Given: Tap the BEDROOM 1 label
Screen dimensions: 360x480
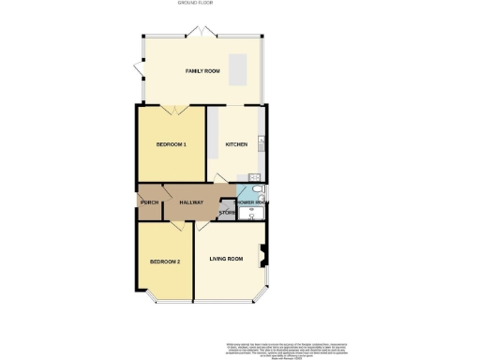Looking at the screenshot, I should click(172, 144).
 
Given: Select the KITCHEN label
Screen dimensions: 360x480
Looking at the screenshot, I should click(235, 144).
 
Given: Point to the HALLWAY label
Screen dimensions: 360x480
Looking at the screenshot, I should click(192, 202).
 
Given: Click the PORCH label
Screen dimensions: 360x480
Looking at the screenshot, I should click(148, 202).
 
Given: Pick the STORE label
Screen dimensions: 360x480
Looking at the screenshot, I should click(226, 214).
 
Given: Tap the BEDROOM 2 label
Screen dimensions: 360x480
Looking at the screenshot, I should click(166, 261).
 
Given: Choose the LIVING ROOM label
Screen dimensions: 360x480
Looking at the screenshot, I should click(227, 259).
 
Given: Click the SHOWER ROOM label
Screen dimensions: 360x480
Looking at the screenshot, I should click(250, 202).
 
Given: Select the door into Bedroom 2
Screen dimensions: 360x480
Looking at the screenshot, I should click(176, 228).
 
